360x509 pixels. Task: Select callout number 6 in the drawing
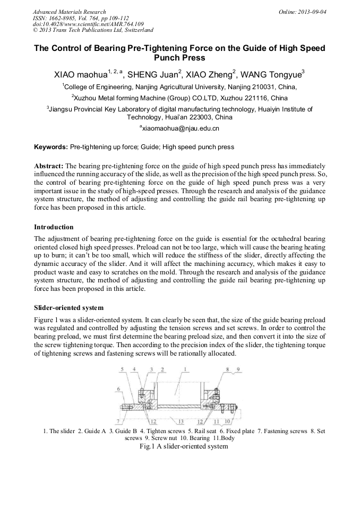118,389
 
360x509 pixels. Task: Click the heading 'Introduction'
54,227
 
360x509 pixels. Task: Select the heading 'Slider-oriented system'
68,308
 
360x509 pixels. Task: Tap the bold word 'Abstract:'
49,166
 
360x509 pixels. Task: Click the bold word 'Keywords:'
51,146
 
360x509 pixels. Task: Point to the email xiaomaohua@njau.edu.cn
181,128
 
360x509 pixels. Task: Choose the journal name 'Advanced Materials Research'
69,12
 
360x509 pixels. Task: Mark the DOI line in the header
88,24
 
